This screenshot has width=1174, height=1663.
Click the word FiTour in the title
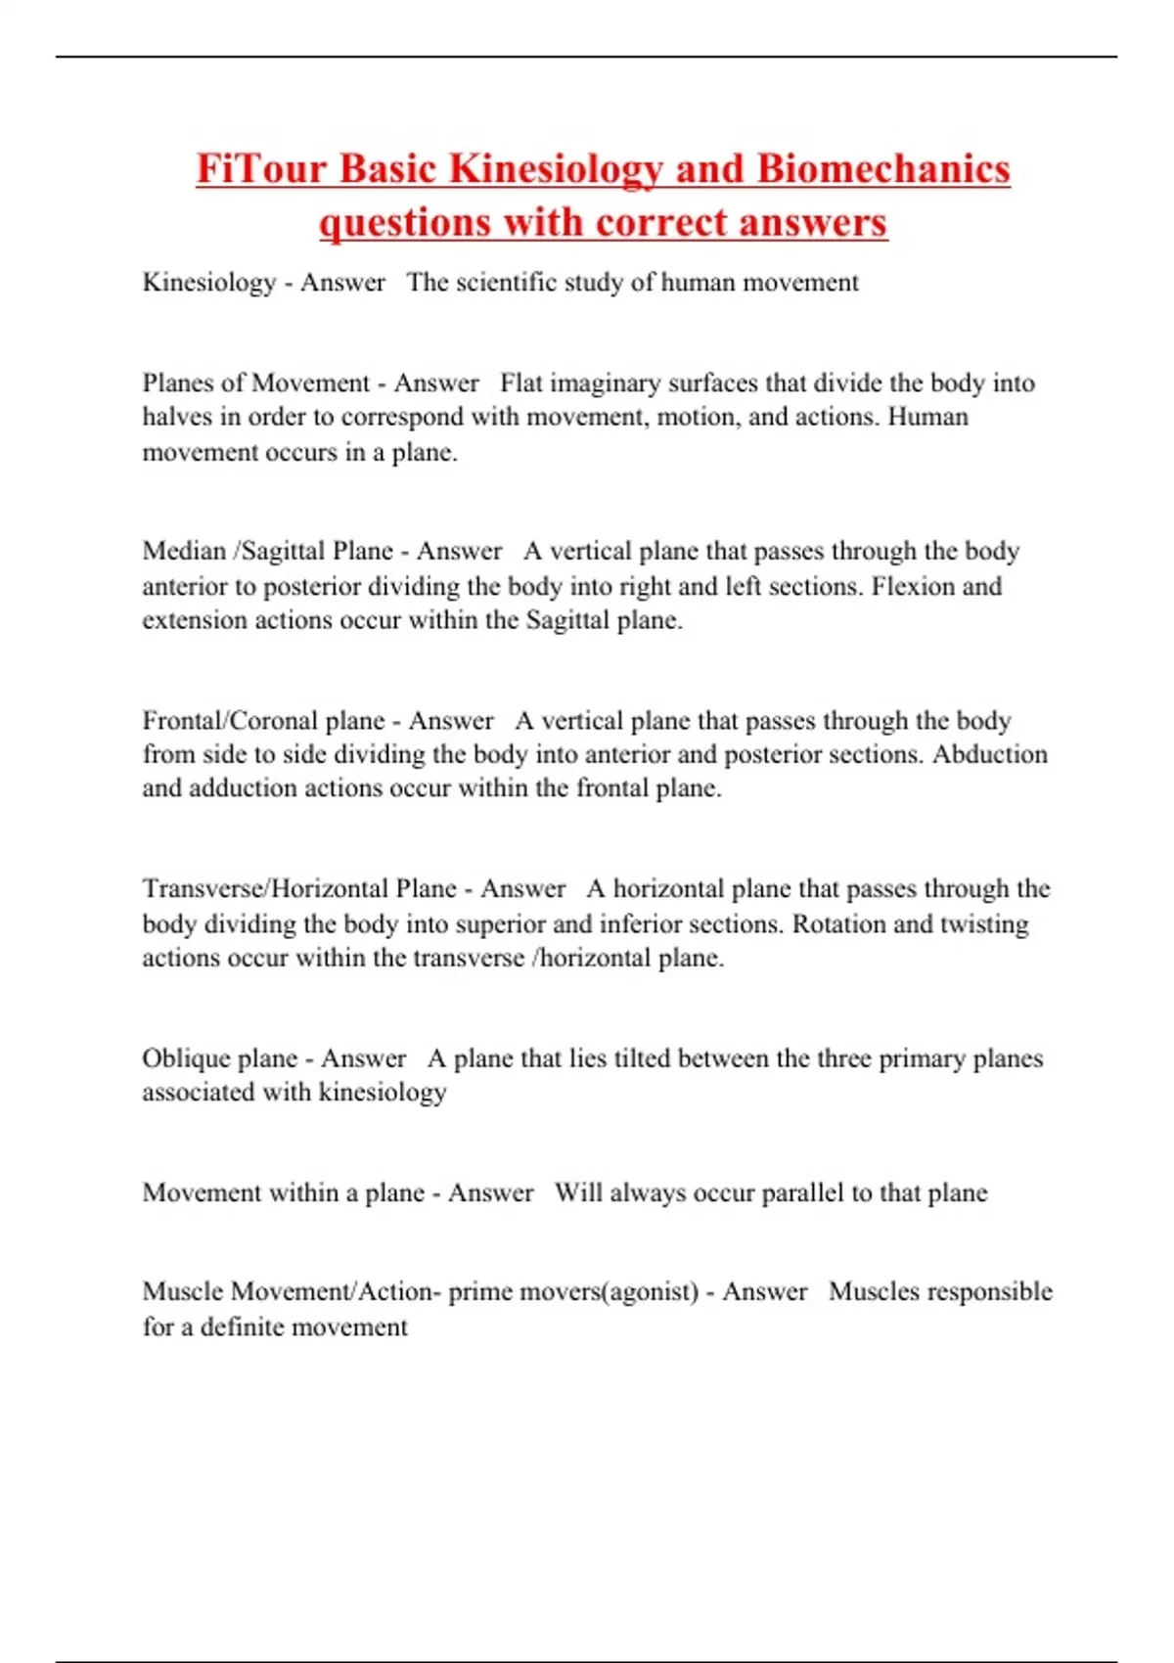(x=261, y=168)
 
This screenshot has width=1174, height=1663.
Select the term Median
(x=184, y=551)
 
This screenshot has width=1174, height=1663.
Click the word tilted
(x=641, y=1058)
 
